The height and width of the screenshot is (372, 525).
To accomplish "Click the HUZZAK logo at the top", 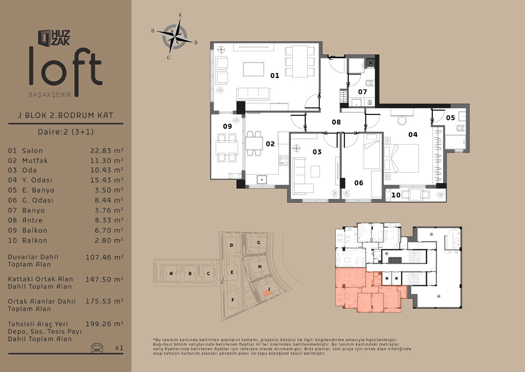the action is click(54, 38).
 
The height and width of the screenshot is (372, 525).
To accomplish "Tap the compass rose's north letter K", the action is click(180, 15).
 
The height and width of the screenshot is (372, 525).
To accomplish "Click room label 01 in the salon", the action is click(275, 75).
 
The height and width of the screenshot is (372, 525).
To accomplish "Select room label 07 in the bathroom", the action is click(362, 92).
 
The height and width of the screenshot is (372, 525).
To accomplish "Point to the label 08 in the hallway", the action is click(336, 122).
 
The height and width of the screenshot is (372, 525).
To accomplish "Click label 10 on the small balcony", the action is click(396, 195).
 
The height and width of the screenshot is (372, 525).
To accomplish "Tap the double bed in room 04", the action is click(401, 158).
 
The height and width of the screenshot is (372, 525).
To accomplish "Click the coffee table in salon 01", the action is click(254, 69).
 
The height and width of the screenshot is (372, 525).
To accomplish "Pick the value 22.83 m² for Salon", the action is click(107, 151).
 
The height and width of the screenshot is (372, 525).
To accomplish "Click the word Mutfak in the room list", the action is click(35, 160).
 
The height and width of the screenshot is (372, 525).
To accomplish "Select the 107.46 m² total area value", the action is click(105, 258).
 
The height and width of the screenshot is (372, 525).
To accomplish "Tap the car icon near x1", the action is click(97, 347).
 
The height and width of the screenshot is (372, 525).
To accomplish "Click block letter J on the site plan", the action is click(269, 289).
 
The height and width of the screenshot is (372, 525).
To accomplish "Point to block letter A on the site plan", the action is click(171, 273).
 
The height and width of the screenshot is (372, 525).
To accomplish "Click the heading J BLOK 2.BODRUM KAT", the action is click(66, 115).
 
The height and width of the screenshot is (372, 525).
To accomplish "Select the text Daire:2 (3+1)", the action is click(66, 132).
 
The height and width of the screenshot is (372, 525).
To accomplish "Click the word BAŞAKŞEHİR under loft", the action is click(50, 95).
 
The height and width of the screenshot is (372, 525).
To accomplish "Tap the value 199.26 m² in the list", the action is click(105, 324).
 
